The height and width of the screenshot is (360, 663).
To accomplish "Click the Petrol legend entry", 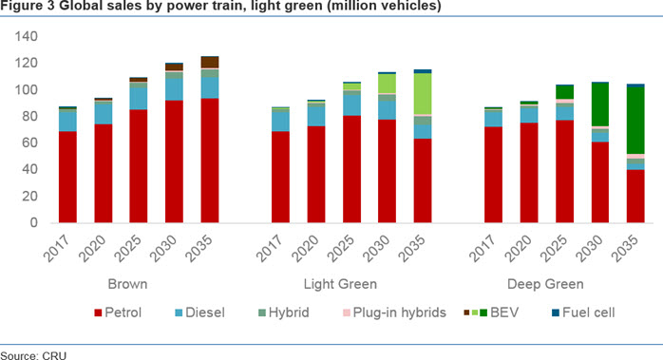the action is (x=118, y=313).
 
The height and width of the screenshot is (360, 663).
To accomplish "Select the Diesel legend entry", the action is (x=199, y=313).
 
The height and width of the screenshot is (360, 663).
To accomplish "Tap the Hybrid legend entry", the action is (x=284, y=313).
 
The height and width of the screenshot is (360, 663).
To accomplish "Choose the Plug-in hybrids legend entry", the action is (x=394, y=313).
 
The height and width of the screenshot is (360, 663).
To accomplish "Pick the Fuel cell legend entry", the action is (x=583, y=313).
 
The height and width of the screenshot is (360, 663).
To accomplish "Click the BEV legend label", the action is (x=504, y=313).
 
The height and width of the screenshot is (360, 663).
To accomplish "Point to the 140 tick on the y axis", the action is (x=27, y=36).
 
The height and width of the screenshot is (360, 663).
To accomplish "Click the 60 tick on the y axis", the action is (x=30, y=142).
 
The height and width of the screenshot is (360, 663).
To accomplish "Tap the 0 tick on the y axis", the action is (x=34, y=222).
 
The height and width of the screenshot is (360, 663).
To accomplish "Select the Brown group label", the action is (x=127, y=284).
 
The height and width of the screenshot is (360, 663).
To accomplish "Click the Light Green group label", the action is (x=340, y=284).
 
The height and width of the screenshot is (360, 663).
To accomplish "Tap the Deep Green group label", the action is (x=545, y=284).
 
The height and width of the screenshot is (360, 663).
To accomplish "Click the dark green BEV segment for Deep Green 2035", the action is (x=635, y=120).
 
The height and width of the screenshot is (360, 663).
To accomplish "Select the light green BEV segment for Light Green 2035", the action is (x=423, y=93).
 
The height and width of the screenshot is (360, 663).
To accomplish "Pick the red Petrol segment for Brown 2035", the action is (x=210, y=161).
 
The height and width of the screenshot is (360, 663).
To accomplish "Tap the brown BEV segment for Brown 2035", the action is (x=210, y=62).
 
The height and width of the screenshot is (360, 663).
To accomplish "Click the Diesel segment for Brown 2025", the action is (x=139, y=99).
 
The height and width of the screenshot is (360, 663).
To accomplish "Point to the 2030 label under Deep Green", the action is (x=589, y=248).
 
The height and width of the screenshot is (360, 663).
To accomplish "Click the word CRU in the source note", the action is (x=54, y=356).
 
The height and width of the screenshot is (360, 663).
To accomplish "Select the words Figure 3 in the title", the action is (x=28, y=6).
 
